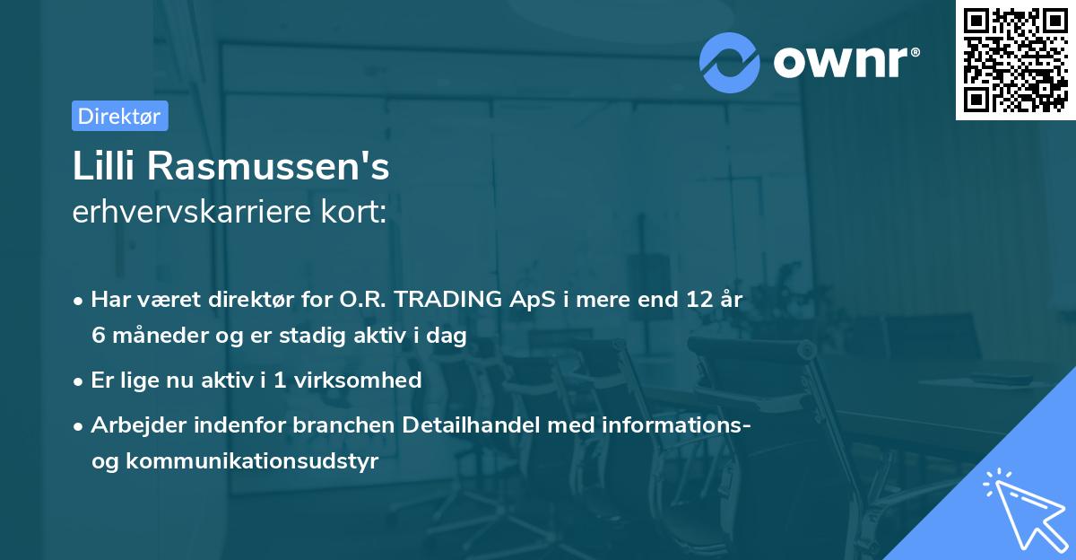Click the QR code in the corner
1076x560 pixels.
1015,60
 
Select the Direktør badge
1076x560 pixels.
119,116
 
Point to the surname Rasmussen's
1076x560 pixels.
266,168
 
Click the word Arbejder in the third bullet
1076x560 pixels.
132,424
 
